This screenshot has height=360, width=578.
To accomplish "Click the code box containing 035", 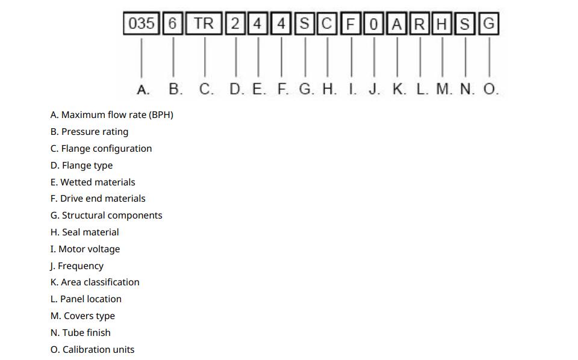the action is point(141,23).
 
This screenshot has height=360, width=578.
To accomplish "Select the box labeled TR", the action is point(204,23).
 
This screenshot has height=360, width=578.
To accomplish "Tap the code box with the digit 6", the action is point(173,23).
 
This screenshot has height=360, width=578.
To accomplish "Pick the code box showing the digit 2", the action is point(235,23).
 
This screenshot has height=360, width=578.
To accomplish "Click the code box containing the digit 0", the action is point(373,23).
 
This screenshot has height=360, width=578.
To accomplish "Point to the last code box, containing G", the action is point(489,23).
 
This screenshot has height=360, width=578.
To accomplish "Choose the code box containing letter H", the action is point(441,23).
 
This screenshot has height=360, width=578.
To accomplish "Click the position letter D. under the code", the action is point(237,89).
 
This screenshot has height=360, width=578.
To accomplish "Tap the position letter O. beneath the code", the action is point(491,89).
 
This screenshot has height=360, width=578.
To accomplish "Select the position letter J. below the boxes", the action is point(374,89).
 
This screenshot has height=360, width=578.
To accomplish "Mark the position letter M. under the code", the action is point(444,89).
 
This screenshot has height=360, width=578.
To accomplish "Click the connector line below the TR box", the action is point(205,57).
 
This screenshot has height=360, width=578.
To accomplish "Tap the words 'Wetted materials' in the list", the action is point(98,182).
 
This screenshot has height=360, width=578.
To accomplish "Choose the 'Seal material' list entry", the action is point(90,232).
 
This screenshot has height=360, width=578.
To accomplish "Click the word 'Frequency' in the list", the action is point(81,266).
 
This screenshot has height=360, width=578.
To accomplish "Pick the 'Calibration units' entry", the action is point(98,349).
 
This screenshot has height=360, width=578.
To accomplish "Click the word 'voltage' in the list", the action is point(104,249).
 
